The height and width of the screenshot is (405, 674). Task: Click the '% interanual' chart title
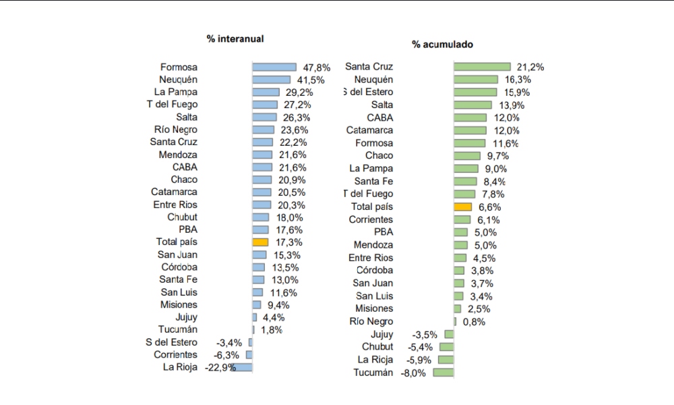click(235, 38)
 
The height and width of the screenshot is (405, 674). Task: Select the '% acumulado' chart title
click(442, 45)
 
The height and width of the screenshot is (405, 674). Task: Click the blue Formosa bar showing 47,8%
click(274, 67)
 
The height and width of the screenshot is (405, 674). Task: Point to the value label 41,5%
click(311, 80)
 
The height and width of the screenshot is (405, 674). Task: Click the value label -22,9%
click(220, 367)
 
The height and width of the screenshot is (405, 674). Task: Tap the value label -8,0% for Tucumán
click(412, 373)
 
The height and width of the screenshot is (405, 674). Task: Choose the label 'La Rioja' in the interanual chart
click(180, 367)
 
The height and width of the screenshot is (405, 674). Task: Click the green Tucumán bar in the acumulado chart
click(443, 373)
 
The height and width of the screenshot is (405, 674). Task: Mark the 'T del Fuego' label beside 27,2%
click(172, 105)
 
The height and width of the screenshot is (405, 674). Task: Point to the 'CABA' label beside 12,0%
click(380, 117)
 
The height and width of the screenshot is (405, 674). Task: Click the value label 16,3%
click(530, 80)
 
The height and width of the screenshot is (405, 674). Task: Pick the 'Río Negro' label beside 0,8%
click(371, 321)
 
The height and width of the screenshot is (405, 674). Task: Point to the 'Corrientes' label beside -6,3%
click(175, 354)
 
